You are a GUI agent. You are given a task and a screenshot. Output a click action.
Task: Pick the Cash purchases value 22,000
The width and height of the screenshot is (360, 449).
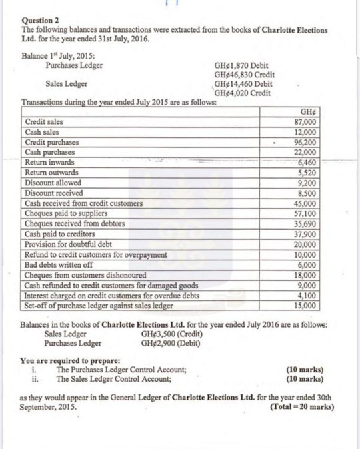[309, 152]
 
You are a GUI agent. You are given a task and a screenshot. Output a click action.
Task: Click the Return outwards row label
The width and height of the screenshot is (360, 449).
[51, 172]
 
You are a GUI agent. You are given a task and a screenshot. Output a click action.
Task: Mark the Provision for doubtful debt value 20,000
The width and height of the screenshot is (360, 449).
[309, 244]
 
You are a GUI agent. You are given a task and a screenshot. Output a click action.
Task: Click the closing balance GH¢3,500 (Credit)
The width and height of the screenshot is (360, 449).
[174, 334]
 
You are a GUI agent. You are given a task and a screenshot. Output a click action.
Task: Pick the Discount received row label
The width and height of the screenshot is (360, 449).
[53, 192]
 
